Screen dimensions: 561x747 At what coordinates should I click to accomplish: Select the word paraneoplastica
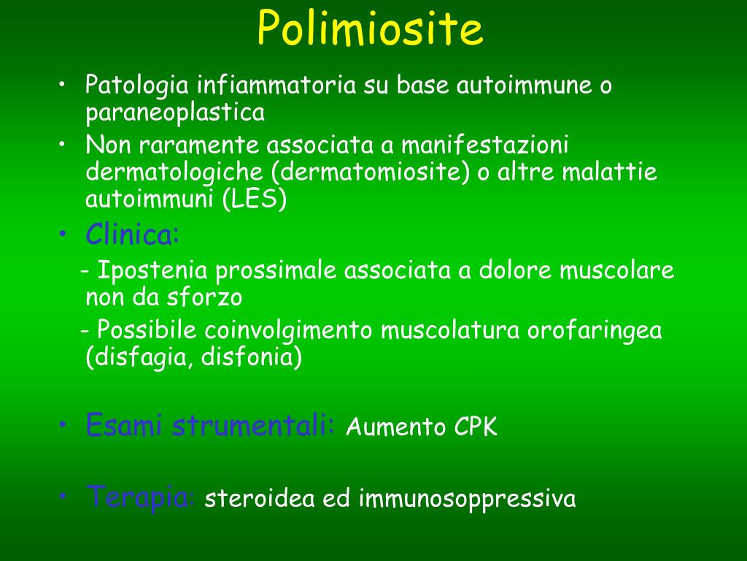coord(175,113)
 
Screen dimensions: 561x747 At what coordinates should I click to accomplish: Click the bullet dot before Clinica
coord(64,235)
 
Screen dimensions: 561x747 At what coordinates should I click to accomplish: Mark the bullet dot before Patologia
coord(64,85)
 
